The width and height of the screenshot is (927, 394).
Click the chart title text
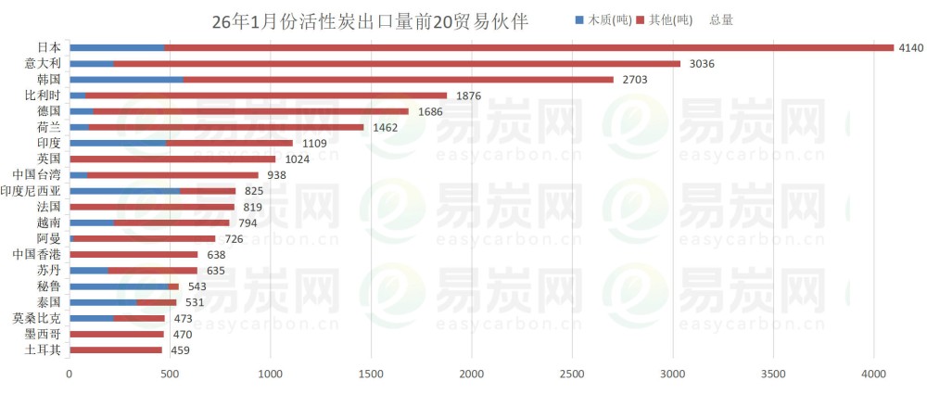370,21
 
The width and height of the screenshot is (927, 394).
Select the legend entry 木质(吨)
608,19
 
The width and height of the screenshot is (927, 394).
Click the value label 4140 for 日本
910,48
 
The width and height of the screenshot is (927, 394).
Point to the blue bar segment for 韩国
126,80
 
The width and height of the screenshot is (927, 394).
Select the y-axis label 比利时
44,95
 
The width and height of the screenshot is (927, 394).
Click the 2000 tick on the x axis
472,375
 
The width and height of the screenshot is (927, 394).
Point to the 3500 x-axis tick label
773,375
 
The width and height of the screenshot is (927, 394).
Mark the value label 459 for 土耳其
181,350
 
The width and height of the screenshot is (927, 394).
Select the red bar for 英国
172,159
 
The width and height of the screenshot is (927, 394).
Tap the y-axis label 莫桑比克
37,318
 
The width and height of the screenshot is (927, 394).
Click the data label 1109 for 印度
314,144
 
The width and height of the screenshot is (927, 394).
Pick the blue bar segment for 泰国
103,302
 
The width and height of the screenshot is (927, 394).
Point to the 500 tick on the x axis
170,375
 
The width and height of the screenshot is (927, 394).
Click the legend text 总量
721,19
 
